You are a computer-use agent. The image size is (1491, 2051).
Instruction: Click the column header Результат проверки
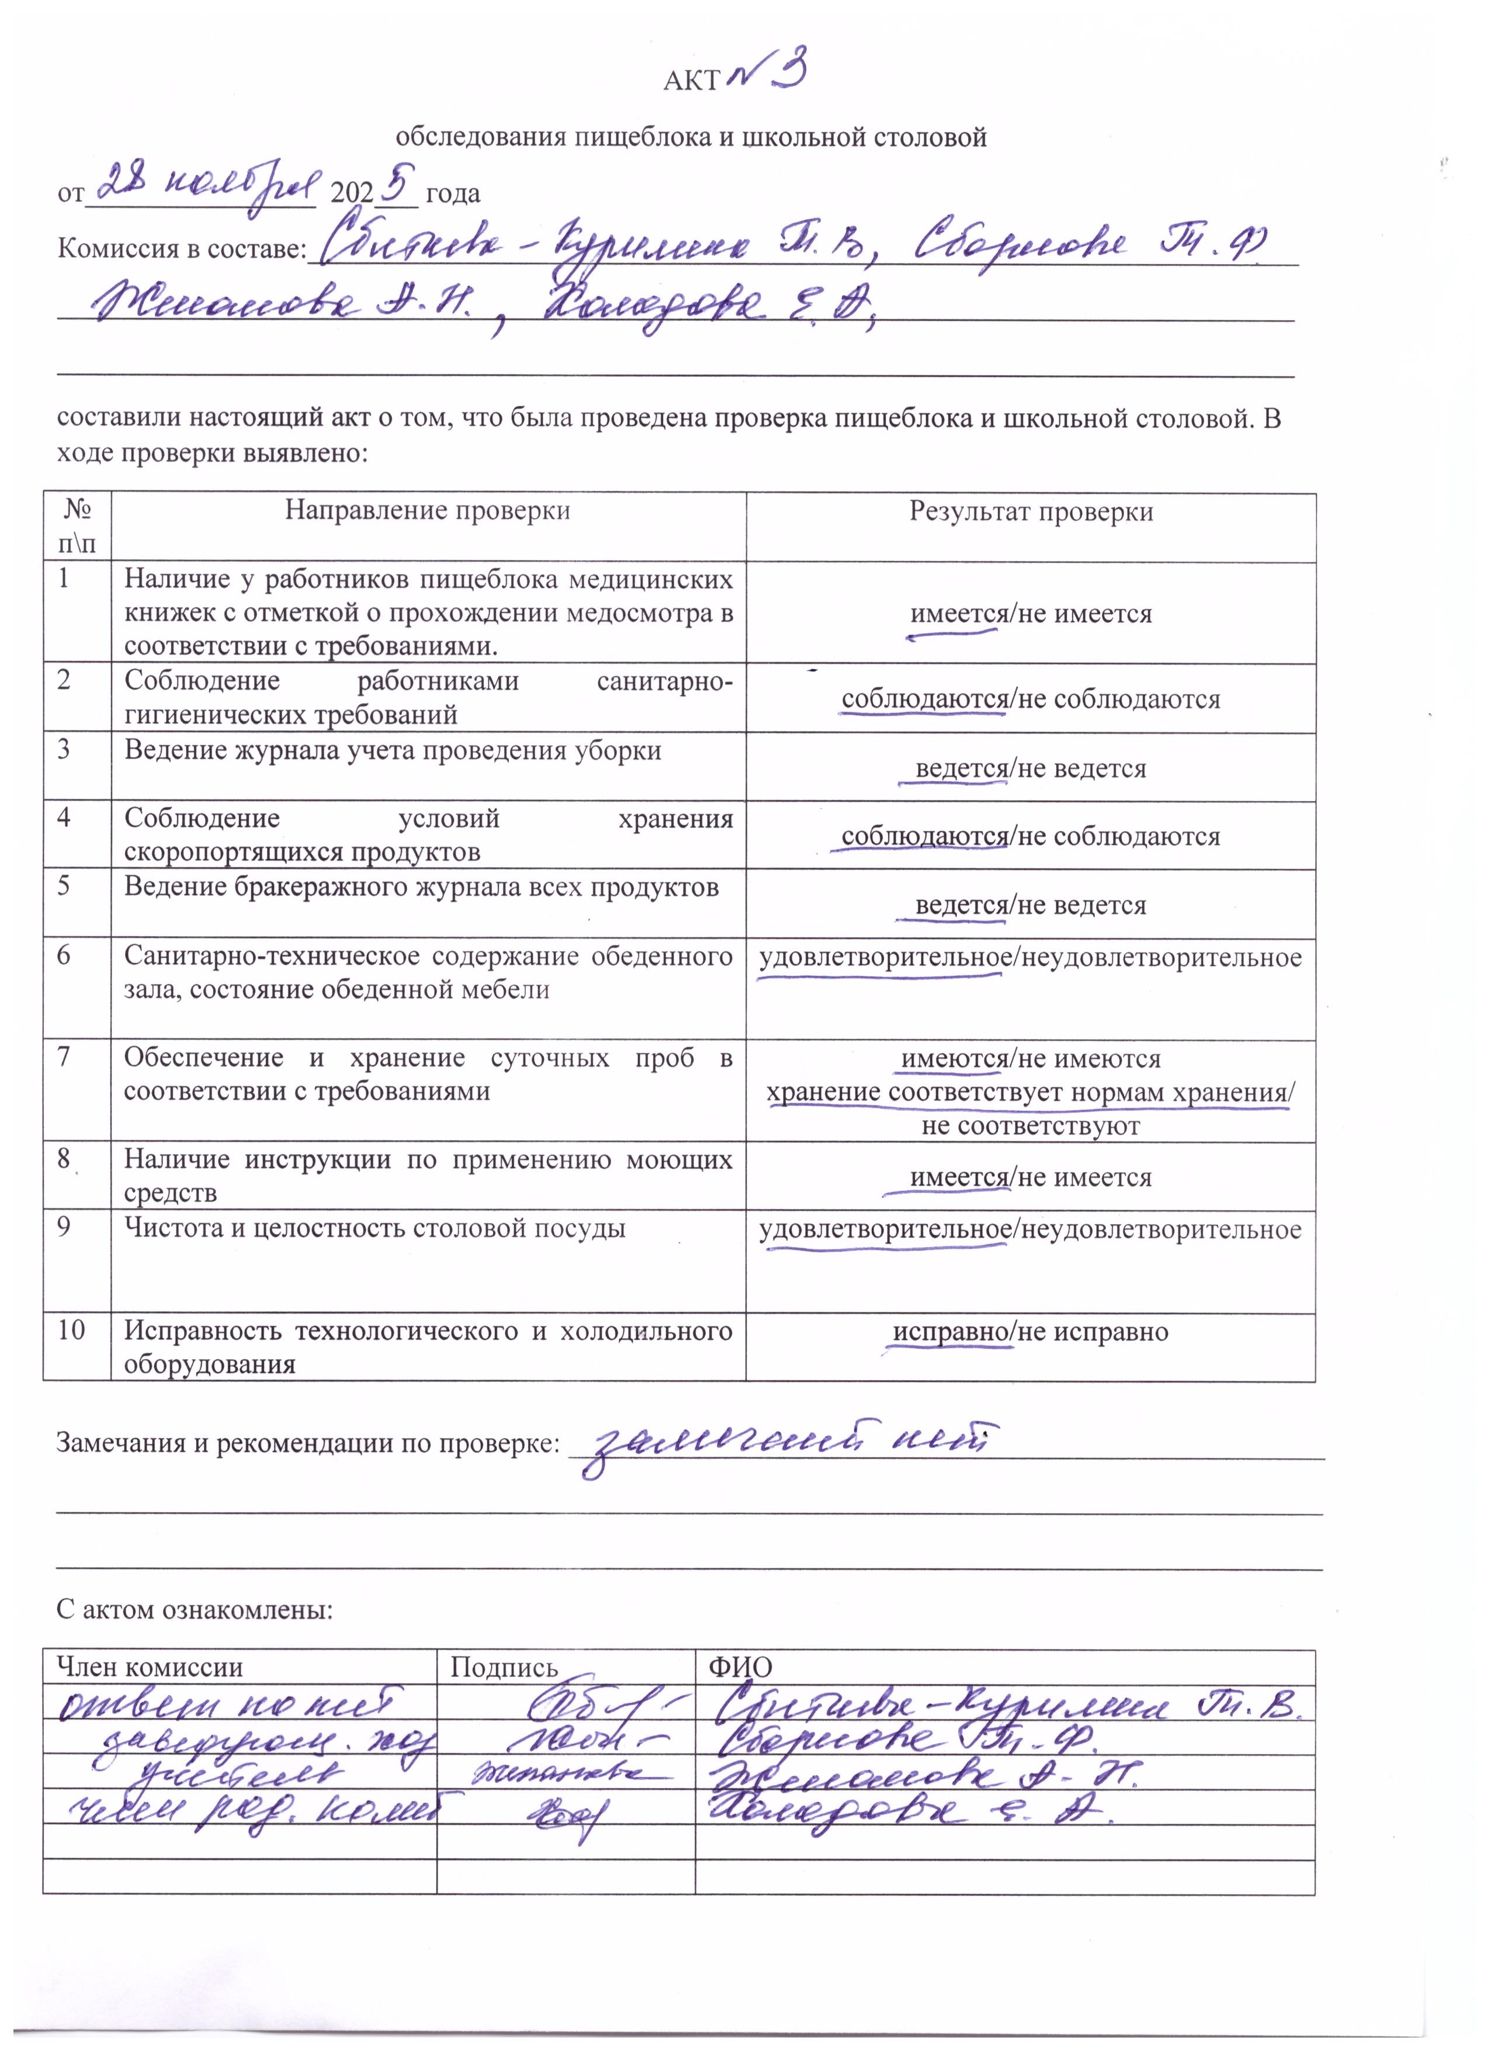pos(1031,512)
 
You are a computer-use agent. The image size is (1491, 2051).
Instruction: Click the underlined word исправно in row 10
pos(951,1332)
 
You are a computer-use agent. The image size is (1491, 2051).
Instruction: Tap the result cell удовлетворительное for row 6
pos(882,958)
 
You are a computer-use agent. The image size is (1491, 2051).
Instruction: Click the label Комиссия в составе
pos(181,248)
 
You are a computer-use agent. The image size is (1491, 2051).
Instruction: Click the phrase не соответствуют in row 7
pos(1031,1126)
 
